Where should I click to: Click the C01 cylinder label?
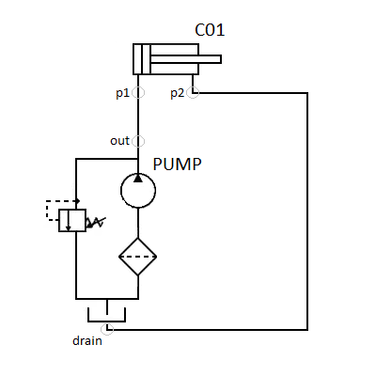pyautogui.click(x=210, y=30)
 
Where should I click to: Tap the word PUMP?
pyautogui.click(x=177, y=164)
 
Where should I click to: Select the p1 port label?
pyautogui.click(x=122, y=93)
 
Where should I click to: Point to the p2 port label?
pyautogui.click(x=178, y=93)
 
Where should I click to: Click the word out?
pyautogui.click(x=119, y=141)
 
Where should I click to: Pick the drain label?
pyautogui.click(x=87, y=340)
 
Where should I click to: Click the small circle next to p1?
pyautogui.click(x=138, y=92)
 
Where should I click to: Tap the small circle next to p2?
pyautogui.click(x=193, y=92)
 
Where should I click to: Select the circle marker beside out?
pyautogui.click(x=138, y=141)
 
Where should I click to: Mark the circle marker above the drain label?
pyautogui.click(x=107, y=329)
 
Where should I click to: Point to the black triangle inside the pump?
pyautogui.click(x=138, y=179)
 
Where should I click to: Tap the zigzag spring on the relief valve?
pyautogui.click(x=96, y=222)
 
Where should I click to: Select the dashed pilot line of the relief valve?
pyautogui.click(x=47, y=211)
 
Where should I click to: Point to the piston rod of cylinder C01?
pyautogui.click(x=186, y=59)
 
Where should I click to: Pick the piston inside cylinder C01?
pyautogui.click(x=146, y=59)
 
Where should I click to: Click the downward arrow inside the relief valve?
pyautogui.click(x=69, y=220)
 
